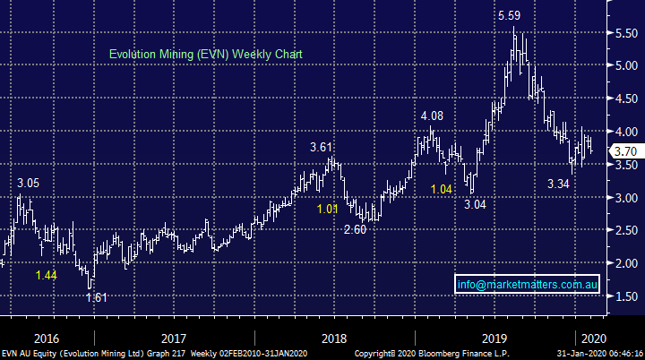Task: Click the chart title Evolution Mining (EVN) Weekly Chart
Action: tap(206, 55)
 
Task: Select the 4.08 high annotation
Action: tap(433, 116)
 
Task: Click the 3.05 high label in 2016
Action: tap(29, 183)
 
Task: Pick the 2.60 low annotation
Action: tap(357, 229)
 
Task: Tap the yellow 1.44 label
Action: tap(47, 275)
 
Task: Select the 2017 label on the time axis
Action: tap(174, 338)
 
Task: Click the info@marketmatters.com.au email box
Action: tap(526, 285)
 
